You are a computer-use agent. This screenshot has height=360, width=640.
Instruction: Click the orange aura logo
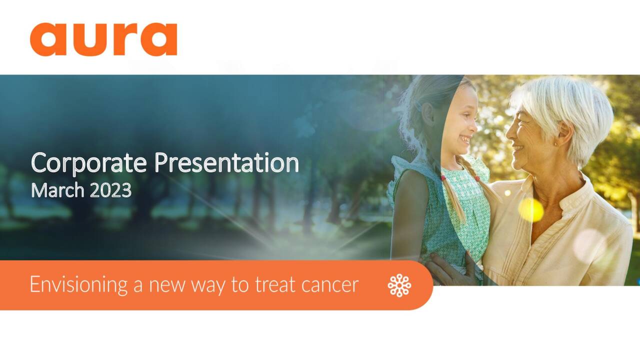coord(103,39)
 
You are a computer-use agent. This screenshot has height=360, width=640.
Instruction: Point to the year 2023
coord(110,190)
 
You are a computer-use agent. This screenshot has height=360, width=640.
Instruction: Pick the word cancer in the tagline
coord(330,285)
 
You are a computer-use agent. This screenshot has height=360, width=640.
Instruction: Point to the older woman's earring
coord(554,144)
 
